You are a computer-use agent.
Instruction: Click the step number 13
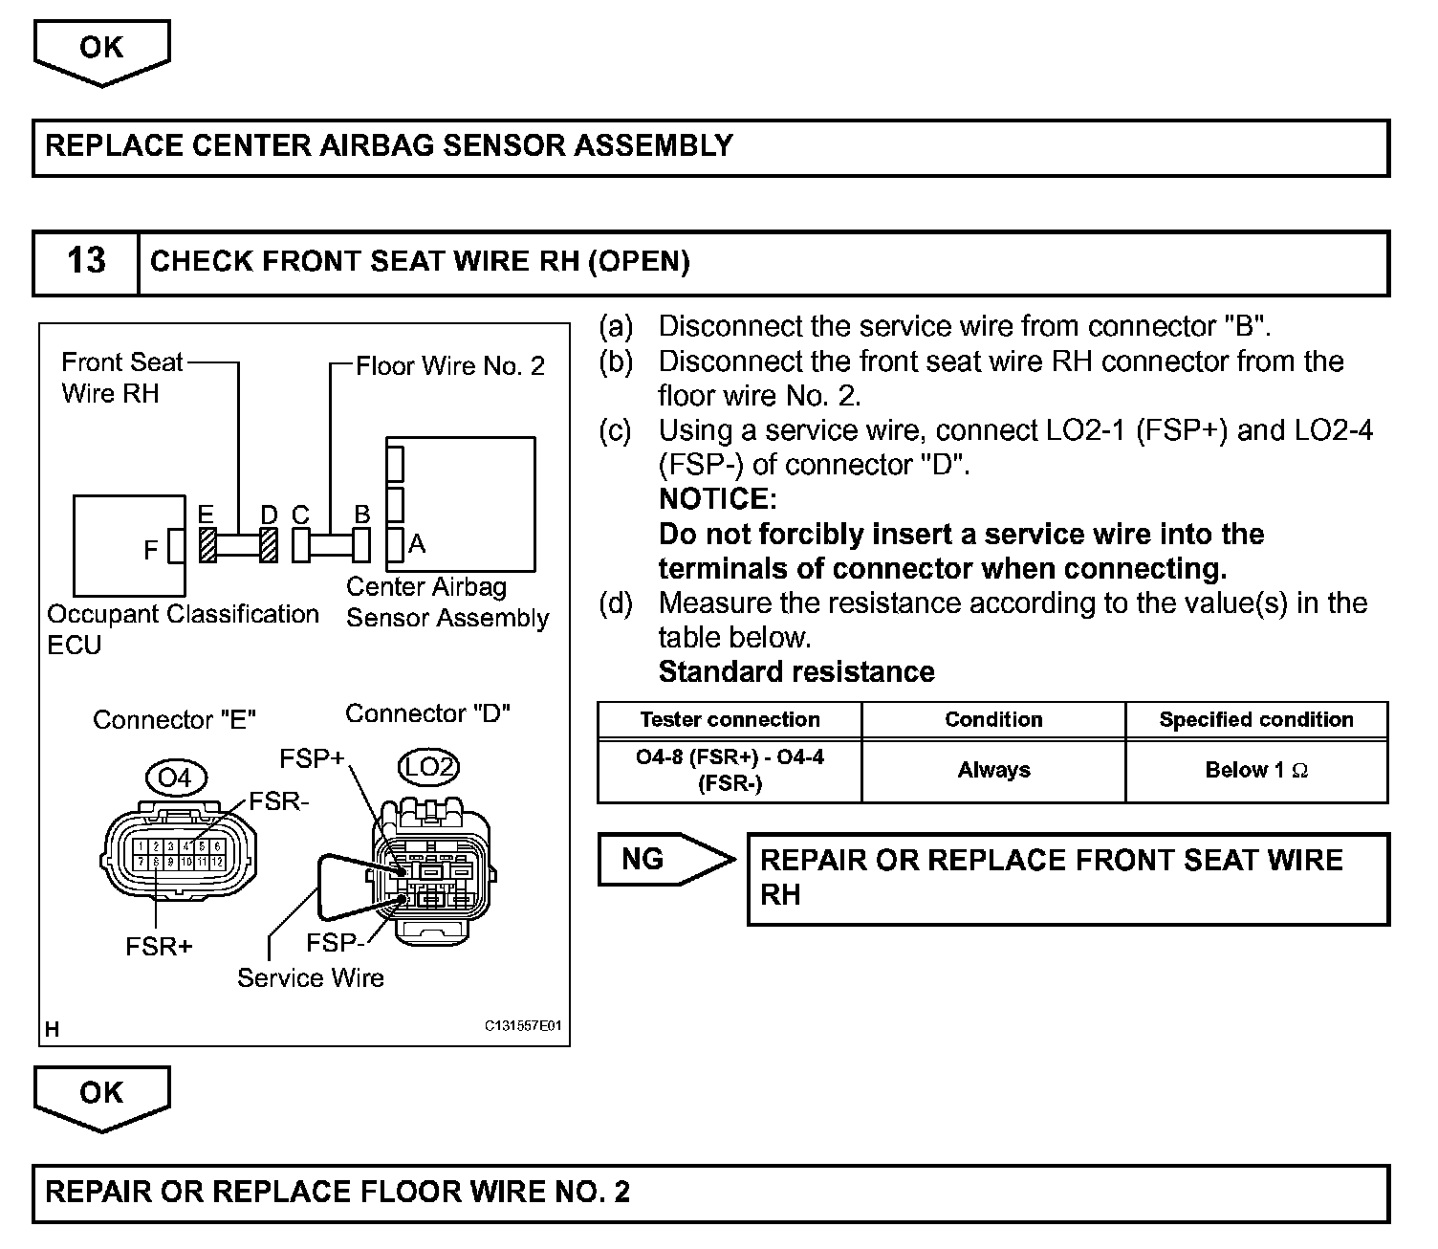point(86,261)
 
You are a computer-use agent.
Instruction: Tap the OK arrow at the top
point(101,50)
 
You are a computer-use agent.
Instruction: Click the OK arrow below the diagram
point(101,1095)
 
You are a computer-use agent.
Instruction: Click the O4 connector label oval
point(175,778)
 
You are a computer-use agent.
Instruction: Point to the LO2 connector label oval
point(427,767)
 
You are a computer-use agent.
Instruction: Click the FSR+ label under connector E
point(159,946)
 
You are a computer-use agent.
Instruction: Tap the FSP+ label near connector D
point(312,758)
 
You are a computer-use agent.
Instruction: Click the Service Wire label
point(311,977)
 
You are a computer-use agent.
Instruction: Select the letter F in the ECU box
point(150,550)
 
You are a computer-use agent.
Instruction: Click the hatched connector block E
point(207,546)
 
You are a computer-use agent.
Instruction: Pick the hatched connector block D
point(269,546)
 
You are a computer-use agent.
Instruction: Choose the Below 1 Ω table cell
point(1256,770)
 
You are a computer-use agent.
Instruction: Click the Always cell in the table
point(993,770)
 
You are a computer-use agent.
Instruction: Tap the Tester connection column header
point(730,719)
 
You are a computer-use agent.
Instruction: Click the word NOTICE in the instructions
point(718,498)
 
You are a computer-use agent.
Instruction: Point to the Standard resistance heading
point(796,671)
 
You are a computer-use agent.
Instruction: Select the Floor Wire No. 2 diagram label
point(450,365)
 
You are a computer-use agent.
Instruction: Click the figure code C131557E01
point(523,1026)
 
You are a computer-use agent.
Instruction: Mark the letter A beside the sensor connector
point(416,544)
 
